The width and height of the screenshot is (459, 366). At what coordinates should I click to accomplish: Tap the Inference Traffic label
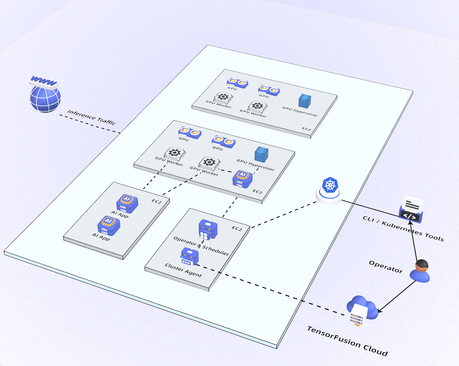[x=92, y=117]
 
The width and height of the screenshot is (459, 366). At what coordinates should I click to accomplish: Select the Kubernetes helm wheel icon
[x=330, y=185]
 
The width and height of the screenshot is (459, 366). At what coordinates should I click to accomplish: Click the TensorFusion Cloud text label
[x=347, y=341]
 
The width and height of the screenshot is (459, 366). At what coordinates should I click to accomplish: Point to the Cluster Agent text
[x=183, y=270]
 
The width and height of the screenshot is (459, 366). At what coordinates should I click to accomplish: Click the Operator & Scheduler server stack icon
[x=208, y=229]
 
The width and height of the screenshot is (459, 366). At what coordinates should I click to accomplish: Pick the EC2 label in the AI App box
[x=156, y=202]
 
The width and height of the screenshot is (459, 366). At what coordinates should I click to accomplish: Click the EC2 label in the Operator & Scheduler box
[x=237, y=228]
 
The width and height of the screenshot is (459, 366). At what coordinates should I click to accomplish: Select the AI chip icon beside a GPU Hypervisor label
[x=242, y=179]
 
